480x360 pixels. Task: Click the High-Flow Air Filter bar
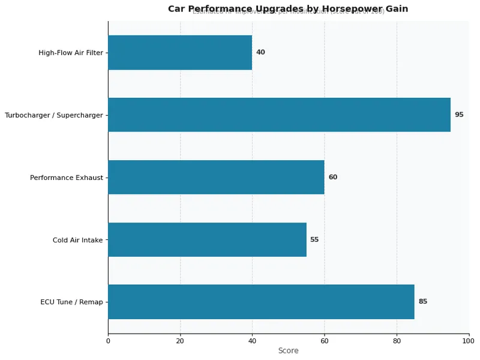180,53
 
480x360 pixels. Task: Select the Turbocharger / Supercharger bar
279,115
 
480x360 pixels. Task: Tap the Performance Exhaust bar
216,177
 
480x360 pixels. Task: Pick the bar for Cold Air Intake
207,239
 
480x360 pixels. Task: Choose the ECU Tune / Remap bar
261,302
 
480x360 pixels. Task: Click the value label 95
459,115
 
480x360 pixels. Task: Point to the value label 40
260,53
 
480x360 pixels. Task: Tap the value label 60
333,178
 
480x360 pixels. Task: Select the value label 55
314,240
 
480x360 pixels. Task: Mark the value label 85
423,302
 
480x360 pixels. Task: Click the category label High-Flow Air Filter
71,53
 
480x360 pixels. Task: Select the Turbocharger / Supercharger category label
54,115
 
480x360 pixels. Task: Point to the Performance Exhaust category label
67,178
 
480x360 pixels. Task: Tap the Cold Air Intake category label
77,240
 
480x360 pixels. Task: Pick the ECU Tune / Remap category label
71,302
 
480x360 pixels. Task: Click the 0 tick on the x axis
108,341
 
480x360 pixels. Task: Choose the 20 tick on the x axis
180,341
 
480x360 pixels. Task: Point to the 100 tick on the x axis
469,341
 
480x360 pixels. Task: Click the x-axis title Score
288,351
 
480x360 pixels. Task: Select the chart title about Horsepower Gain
288,9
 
